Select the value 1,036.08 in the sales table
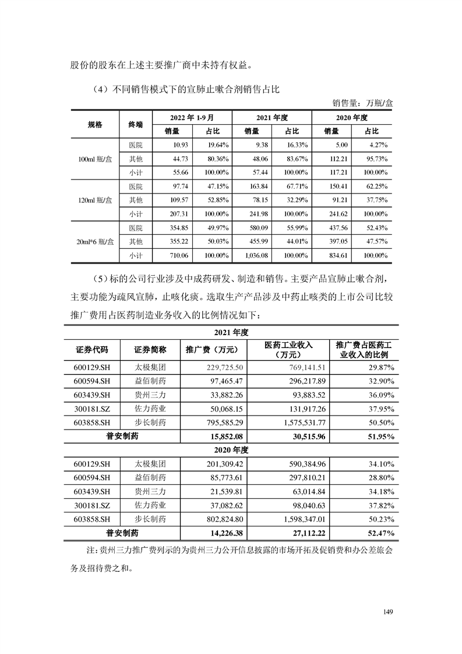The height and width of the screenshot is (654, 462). (287, 255)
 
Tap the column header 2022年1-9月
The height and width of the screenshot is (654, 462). (192, 117)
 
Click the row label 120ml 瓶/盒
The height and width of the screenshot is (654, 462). (95, 200)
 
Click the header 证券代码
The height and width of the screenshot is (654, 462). (92, 350)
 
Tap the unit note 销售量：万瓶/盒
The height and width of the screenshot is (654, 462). (363, 103)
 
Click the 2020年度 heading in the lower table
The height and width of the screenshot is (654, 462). (231, 450)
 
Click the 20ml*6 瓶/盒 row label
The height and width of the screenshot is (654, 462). (95, 241)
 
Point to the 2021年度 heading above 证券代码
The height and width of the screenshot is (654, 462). (231, 332)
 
